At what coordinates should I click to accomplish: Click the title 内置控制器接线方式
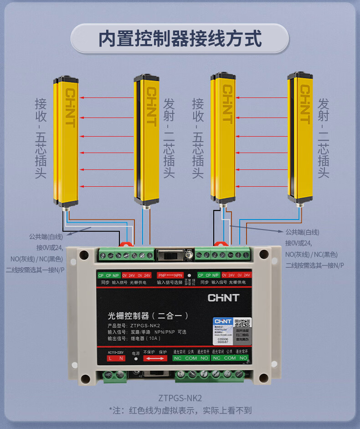[180, 38]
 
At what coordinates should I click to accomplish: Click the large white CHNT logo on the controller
[223, 298]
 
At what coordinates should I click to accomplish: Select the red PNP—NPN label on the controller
[170, 276]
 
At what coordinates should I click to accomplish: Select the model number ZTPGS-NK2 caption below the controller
[180, 398]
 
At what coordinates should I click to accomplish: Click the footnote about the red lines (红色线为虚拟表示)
[180, 410]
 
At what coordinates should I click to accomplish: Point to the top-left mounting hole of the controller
[83, 254]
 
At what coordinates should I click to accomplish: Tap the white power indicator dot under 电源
[136, 359]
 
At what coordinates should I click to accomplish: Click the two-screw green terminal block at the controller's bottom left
[115, 375]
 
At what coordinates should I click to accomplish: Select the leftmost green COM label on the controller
[191, 358]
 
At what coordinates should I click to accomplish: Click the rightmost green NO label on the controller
[243, 358]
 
